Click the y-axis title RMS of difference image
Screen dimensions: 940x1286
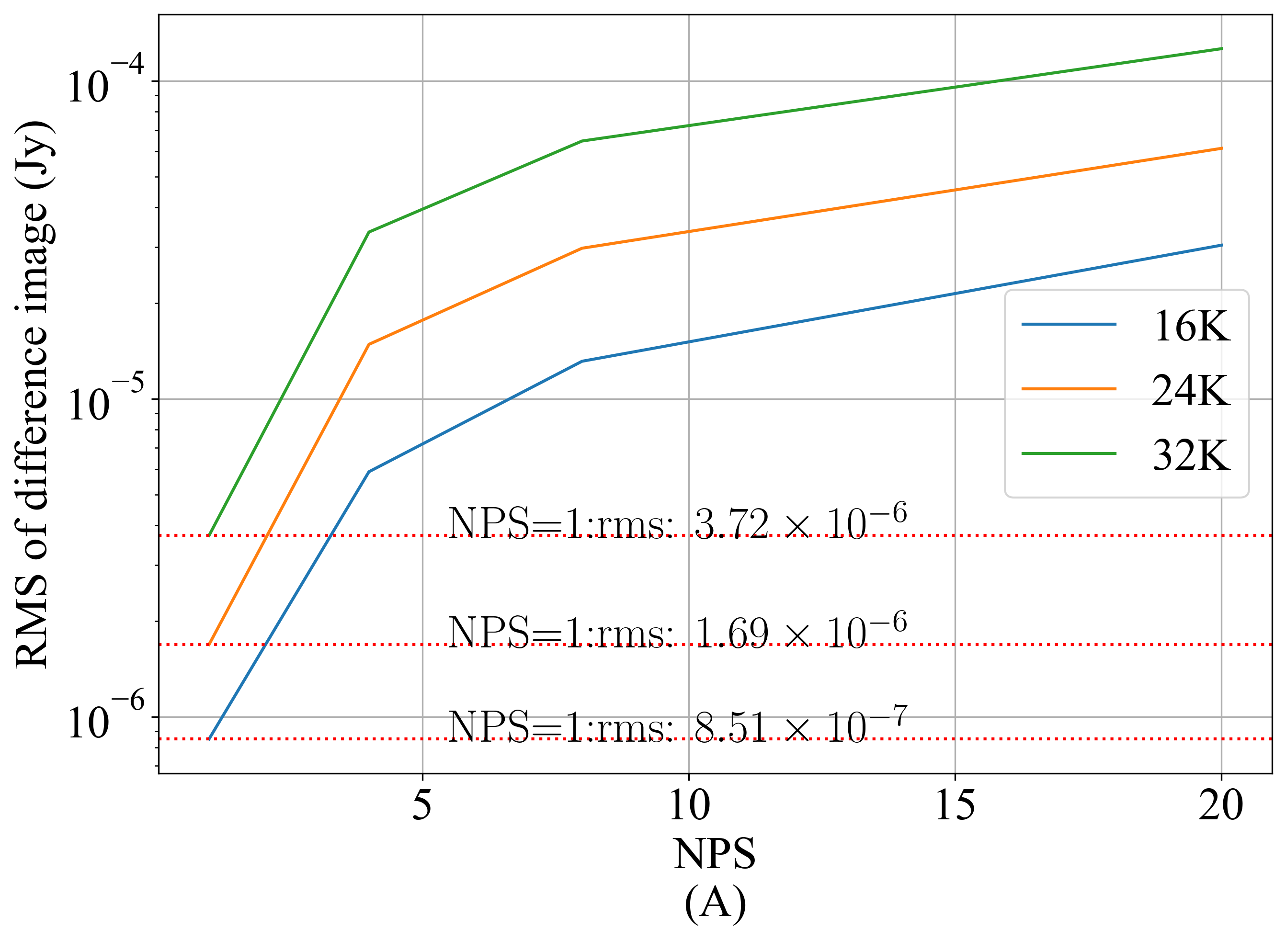[x=34, y=395]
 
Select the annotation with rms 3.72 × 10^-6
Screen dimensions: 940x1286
[x=677, y=522]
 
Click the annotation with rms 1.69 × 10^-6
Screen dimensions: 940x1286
[x=677, y=632]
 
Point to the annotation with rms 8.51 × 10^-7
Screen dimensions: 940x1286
[x=677, y=725]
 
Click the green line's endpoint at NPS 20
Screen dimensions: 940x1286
[x=1222, y=48]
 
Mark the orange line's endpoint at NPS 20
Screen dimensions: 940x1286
[x=1222, y=148]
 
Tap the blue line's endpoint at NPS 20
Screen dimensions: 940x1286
[x=1222, y=245]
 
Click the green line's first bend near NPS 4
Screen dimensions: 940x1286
[x=369, y=232]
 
